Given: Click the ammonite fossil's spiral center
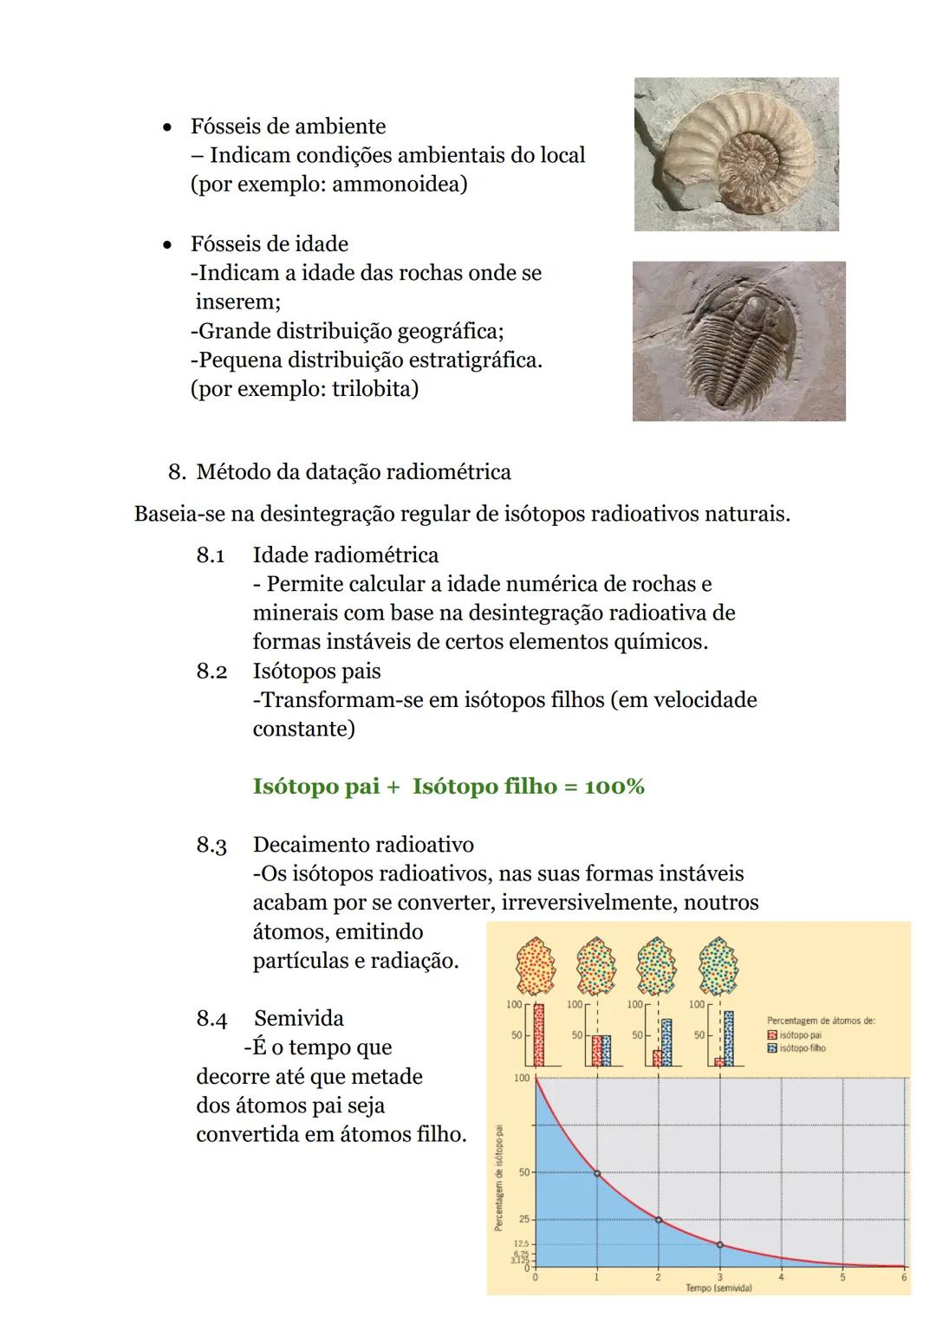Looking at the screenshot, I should (756, 162).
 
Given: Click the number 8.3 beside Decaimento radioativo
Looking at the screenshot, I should (211, 845).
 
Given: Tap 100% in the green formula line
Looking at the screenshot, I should (614, 787).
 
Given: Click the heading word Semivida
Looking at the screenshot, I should (299, 1018).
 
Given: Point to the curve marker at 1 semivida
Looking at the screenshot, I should (596, 1173).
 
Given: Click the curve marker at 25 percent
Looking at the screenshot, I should (658, 1220).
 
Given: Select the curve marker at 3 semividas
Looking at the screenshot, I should (719, 1244).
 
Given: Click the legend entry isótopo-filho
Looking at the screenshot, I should (802, 1048).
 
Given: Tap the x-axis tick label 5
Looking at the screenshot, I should (842, 1277).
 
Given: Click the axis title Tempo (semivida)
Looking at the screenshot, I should (718, 1288).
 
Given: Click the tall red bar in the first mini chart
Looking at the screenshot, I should (539, 1035).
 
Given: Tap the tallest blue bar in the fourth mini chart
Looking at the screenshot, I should (729, 1038).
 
